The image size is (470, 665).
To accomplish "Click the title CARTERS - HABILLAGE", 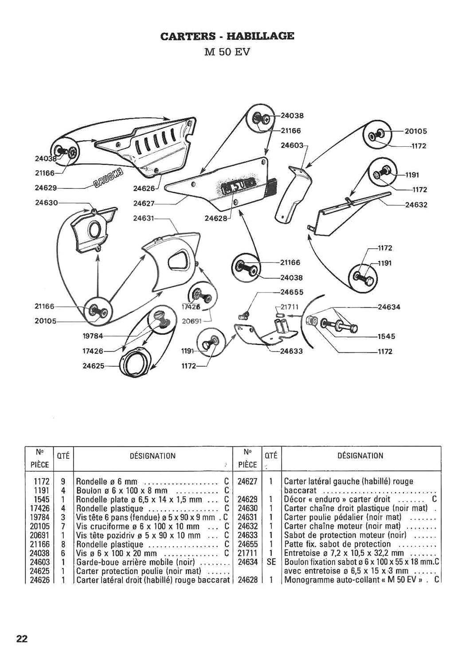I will (x=227, y=36).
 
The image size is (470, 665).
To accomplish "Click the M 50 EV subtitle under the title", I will (x=227, y=51).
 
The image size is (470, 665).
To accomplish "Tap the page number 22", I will (x=22, y=639).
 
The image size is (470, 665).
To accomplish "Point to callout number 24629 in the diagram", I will (x=46, y=188).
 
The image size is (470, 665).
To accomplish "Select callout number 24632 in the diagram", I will (x=416, y=205).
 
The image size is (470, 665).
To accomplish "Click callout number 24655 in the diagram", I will (x=291, y=292).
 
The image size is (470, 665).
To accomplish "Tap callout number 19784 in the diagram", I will (x=93, y=336).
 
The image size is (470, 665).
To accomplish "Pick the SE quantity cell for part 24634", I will (x=272, y=562).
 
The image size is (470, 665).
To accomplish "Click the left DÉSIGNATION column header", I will (x=153, y=456).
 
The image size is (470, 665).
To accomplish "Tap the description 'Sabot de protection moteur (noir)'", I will (x=345, y=535).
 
